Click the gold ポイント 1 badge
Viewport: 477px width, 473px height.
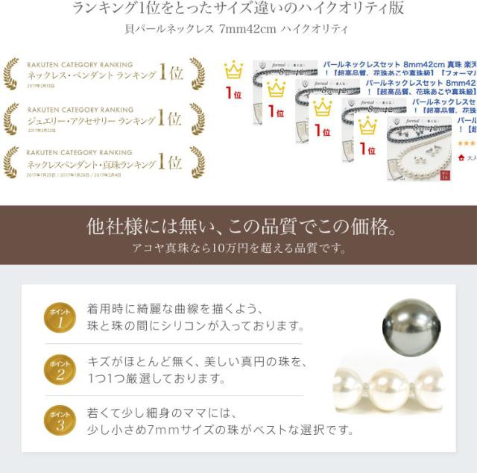click(x=59, y=317)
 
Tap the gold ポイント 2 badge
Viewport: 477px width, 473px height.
click(x=59, y=369)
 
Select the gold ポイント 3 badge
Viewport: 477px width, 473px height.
click(x=59, y=420)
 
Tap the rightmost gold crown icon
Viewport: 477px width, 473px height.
click(x=367, y=126)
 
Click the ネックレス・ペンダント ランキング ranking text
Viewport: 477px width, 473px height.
click(x=92, y=75)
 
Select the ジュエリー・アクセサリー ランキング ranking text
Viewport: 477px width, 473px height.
click(x=92, y=119)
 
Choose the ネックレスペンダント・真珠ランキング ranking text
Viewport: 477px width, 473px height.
click(x=92, y=163)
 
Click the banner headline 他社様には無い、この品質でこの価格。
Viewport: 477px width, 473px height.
click(x=238, y=226)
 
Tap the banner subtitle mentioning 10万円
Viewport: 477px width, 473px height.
click(x=238, y=248)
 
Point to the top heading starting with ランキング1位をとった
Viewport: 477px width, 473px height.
click(x=238, y=9)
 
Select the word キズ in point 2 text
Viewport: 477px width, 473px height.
click(x=100, y=360)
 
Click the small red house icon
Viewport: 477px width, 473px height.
click(x=462, y=157)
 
